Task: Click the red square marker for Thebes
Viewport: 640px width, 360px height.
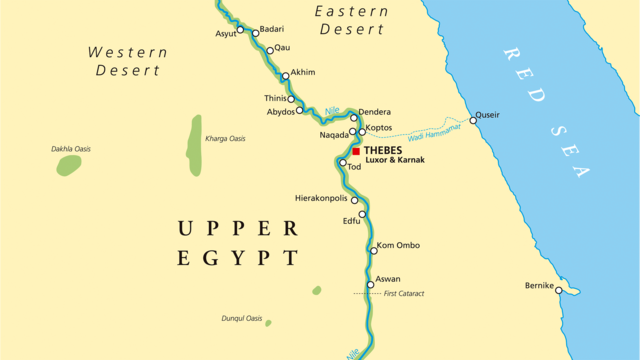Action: (x=355, y=151)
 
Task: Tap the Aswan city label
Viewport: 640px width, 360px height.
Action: (x=388, y=279)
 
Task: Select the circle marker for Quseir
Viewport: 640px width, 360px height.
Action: (x=473, y=120)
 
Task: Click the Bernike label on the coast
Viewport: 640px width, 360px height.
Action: (x=539, y=286)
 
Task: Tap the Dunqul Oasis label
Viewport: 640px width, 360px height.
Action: (x=241, y=318)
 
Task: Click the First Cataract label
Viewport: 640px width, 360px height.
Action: (x=404, y=294)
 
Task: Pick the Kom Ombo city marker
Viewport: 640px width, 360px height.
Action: (x=372, y=249)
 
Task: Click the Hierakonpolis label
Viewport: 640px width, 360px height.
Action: (x=320, y=198)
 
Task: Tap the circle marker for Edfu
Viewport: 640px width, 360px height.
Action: (x=362, y=214)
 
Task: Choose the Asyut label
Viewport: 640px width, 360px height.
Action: (x=226, y=34)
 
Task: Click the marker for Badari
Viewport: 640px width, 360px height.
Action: (x=255, y=33)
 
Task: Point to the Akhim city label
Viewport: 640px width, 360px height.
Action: (x=302, y=73)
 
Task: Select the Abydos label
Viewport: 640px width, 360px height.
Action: (x=280, y=112)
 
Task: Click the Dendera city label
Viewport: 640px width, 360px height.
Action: (x=374, y=112)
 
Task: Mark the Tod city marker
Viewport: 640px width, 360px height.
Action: (x=342, y=162)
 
